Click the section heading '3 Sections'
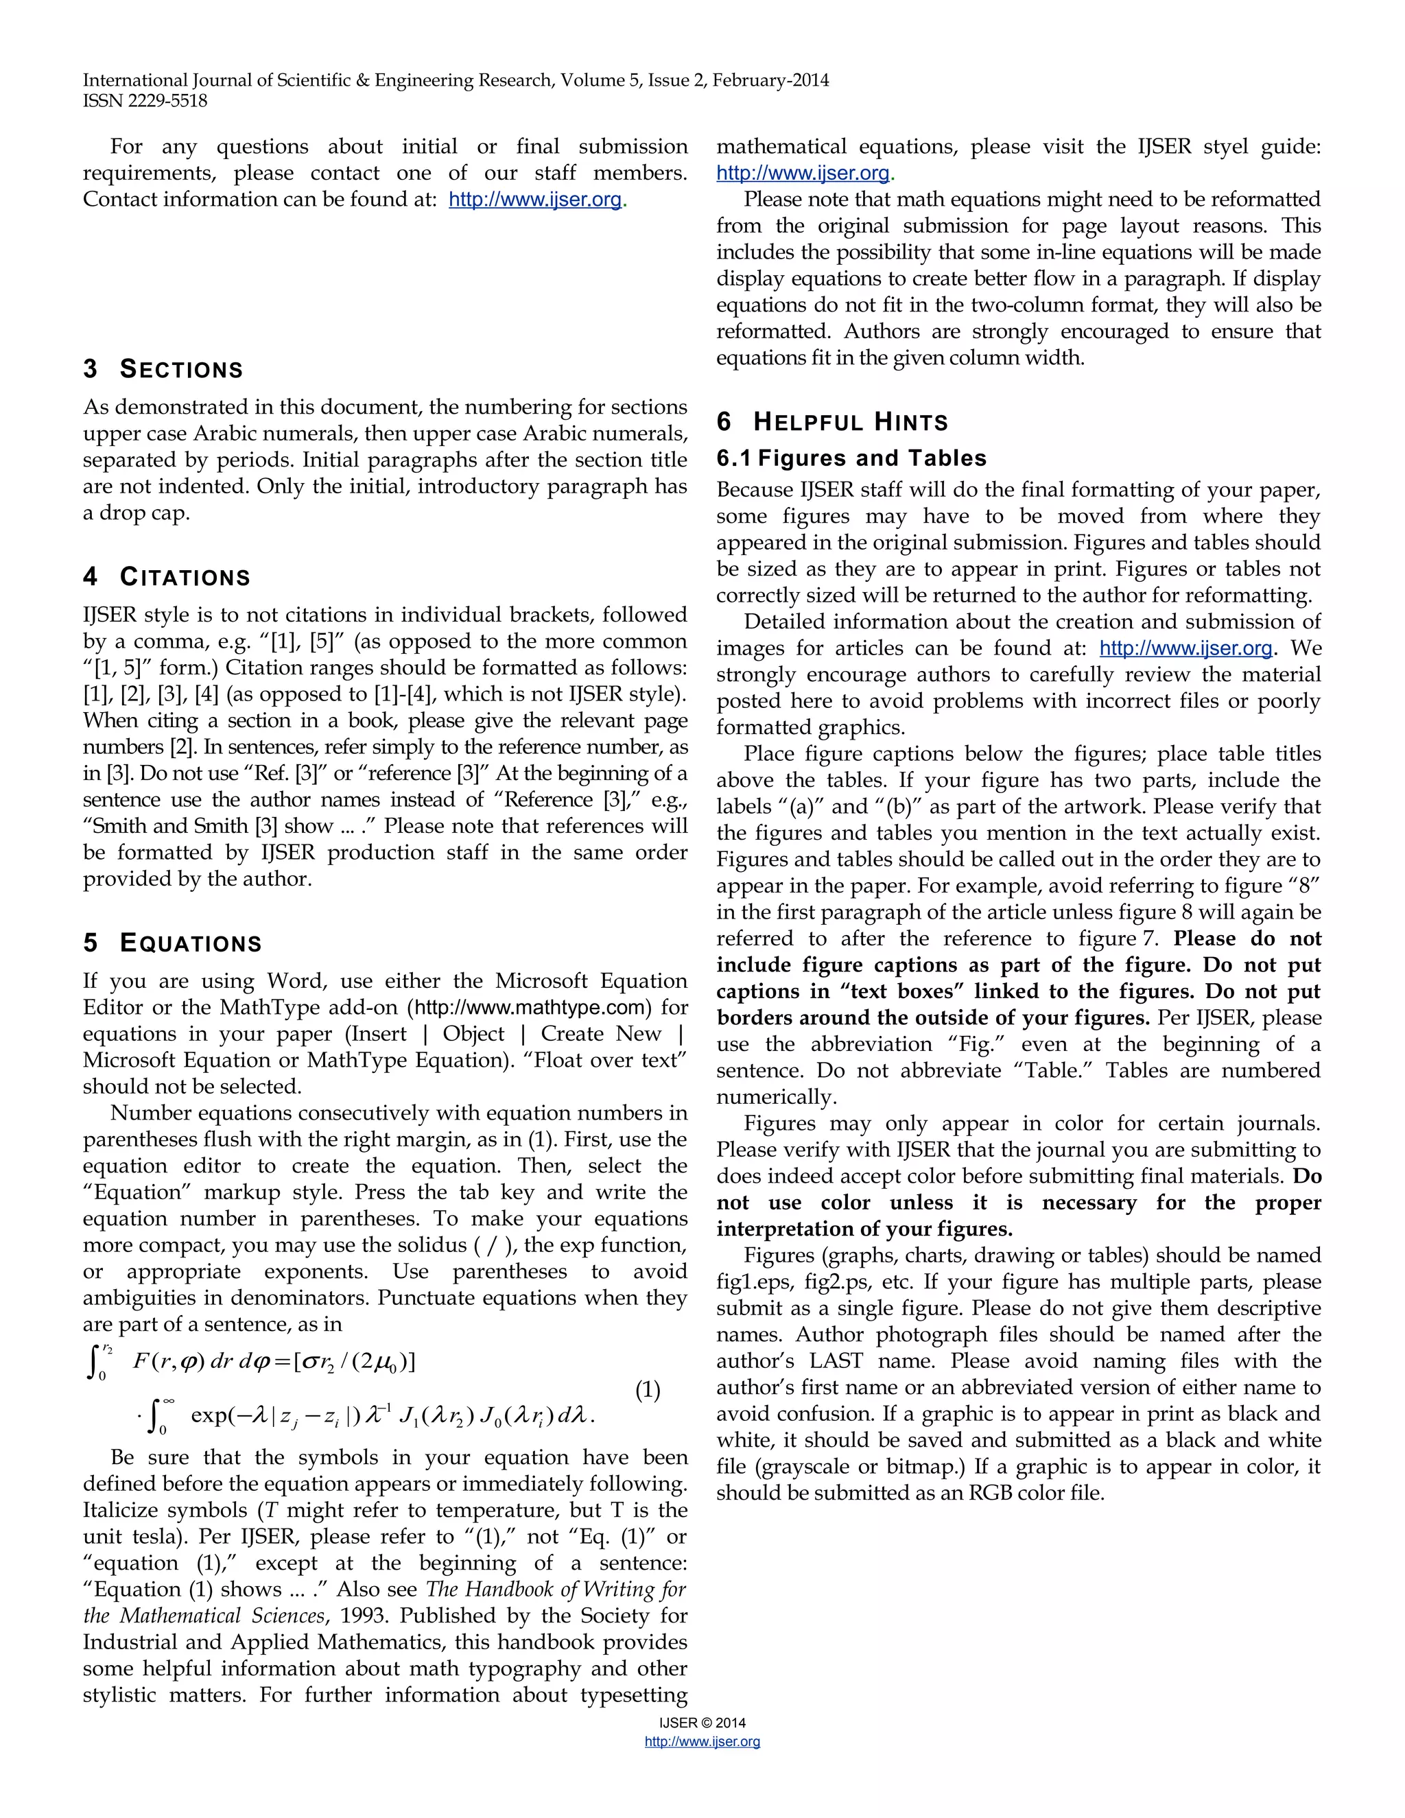[x=163, y=369]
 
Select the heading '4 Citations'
[x=167, y=577]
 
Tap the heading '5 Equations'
[x=172, y=943]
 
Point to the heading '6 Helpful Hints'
[x=832, y=422]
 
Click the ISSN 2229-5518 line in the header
[x=145, y=102]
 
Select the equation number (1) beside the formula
[x=648, y=1390]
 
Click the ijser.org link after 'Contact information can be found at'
[x=535, y=200]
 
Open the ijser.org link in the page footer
[x=702, y=1741]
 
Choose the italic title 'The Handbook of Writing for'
[x=555, y=1589]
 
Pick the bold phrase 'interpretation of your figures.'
[x=864, y=1229]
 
